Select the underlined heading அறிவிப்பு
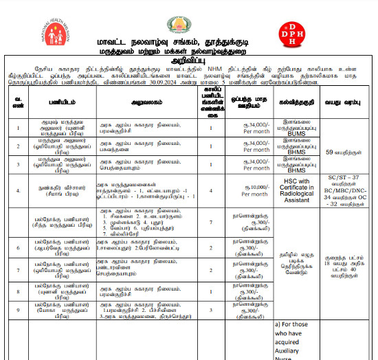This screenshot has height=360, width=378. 188,60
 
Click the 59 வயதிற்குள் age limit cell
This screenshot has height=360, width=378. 339,151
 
